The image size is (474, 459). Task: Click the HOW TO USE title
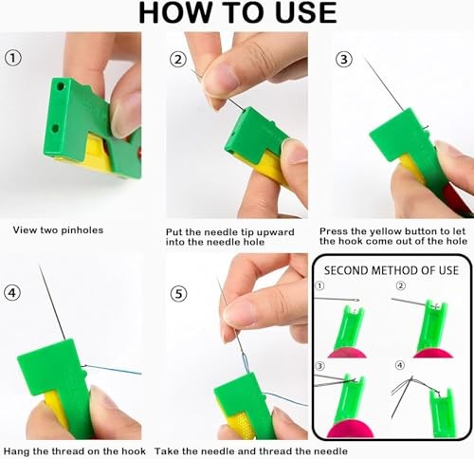238,13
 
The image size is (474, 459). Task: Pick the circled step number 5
177,293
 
